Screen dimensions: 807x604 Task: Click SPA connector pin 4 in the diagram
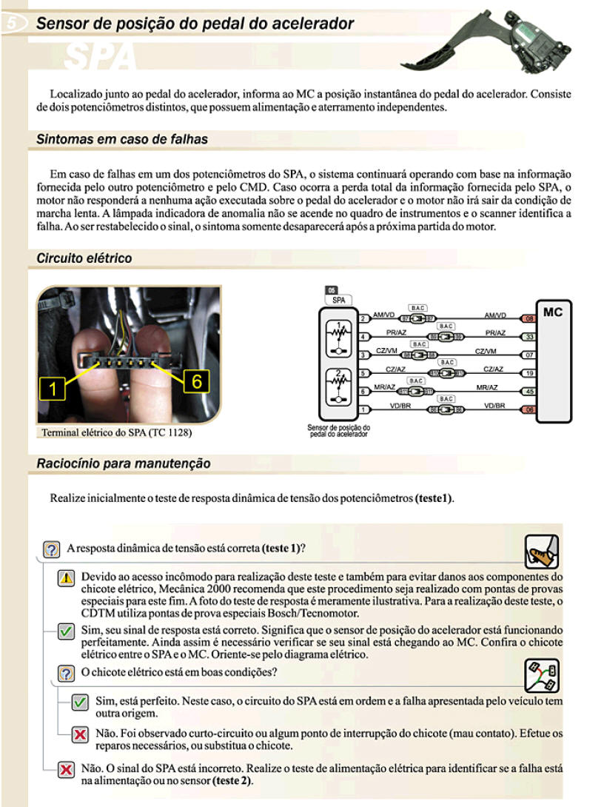pos(363,337)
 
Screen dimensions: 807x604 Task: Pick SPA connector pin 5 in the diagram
pos(363,372)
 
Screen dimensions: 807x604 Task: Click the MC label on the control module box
pos(552,312)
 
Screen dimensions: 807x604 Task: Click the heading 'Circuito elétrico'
pos(84,258)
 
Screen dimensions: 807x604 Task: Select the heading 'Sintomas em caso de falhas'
pos(122,139)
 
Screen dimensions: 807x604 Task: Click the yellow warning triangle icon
pos(66,578)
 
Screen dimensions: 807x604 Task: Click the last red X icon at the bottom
pos(66,771)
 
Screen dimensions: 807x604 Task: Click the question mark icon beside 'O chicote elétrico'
pos(66,673)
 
